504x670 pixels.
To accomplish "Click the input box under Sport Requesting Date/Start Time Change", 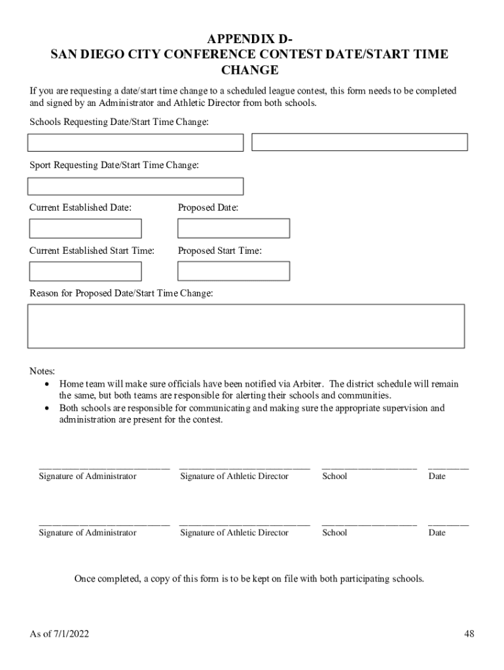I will [x=135, y=186].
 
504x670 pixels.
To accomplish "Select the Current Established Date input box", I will [x=85, y=228].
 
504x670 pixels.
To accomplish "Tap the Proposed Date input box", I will [x=234, y=228].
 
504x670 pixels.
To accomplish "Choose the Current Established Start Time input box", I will [x=85, y=271].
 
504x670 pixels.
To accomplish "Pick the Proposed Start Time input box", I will [x=234, y=271].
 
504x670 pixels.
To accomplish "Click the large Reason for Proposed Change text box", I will [x=245, y=326].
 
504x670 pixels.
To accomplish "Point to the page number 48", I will [x=469, y=633].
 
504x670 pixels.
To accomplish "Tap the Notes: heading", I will [x=43, y=371].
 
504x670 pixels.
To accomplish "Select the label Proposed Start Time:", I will [x=220, y=251].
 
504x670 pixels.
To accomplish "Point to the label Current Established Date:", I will [x=81, y=207].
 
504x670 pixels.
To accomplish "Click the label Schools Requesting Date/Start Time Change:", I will [x=119, y=122].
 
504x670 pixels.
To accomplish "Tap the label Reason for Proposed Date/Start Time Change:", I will [x=121, y=293].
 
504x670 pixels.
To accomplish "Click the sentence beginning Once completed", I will [x=249, y=578].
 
